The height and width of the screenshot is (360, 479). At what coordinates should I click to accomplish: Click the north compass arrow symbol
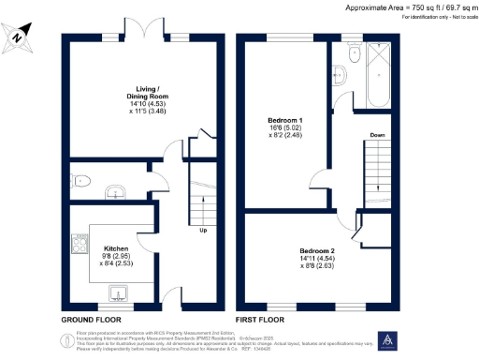point(20,37)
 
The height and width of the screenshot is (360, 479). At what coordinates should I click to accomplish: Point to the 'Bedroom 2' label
point(317,255)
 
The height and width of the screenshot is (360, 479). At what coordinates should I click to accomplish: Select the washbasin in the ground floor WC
point(115,192)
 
